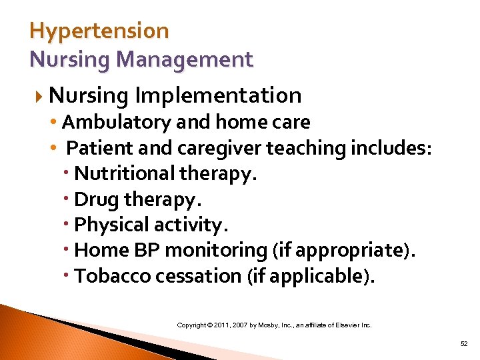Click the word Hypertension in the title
[99, 31]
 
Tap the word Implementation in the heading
[218, 95]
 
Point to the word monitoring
[215, 250]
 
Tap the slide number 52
[464, 343]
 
